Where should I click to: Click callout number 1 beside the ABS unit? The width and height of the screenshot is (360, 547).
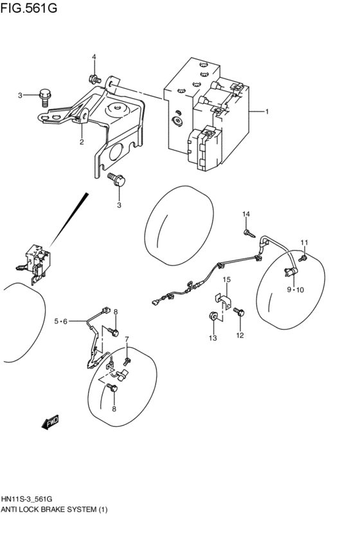[x=266, y=111]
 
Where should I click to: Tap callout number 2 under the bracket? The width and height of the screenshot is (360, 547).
[x=82, y=142]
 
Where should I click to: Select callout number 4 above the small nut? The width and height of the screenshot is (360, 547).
[x=93, y=57]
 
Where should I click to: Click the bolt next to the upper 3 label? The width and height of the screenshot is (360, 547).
[x=44, y=96]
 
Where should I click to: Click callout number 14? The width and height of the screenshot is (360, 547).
[x=246, y=213]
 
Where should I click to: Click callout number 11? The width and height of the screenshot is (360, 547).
[x=305, y=242]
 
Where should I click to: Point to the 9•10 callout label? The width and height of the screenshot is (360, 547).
[x=295, y=290]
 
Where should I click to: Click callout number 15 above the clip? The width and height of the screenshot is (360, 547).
[x=226, y=280]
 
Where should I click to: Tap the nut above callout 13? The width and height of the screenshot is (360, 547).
[x=212, y=316]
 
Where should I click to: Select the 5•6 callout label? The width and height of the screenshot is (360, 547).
[x=61, y=321]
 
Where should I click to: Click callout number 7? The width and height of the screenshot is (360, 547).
[x=127, y=339]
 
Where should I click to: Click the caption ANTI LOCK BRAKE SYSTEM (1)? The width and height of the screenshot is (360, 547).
[x=55, y=510]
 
